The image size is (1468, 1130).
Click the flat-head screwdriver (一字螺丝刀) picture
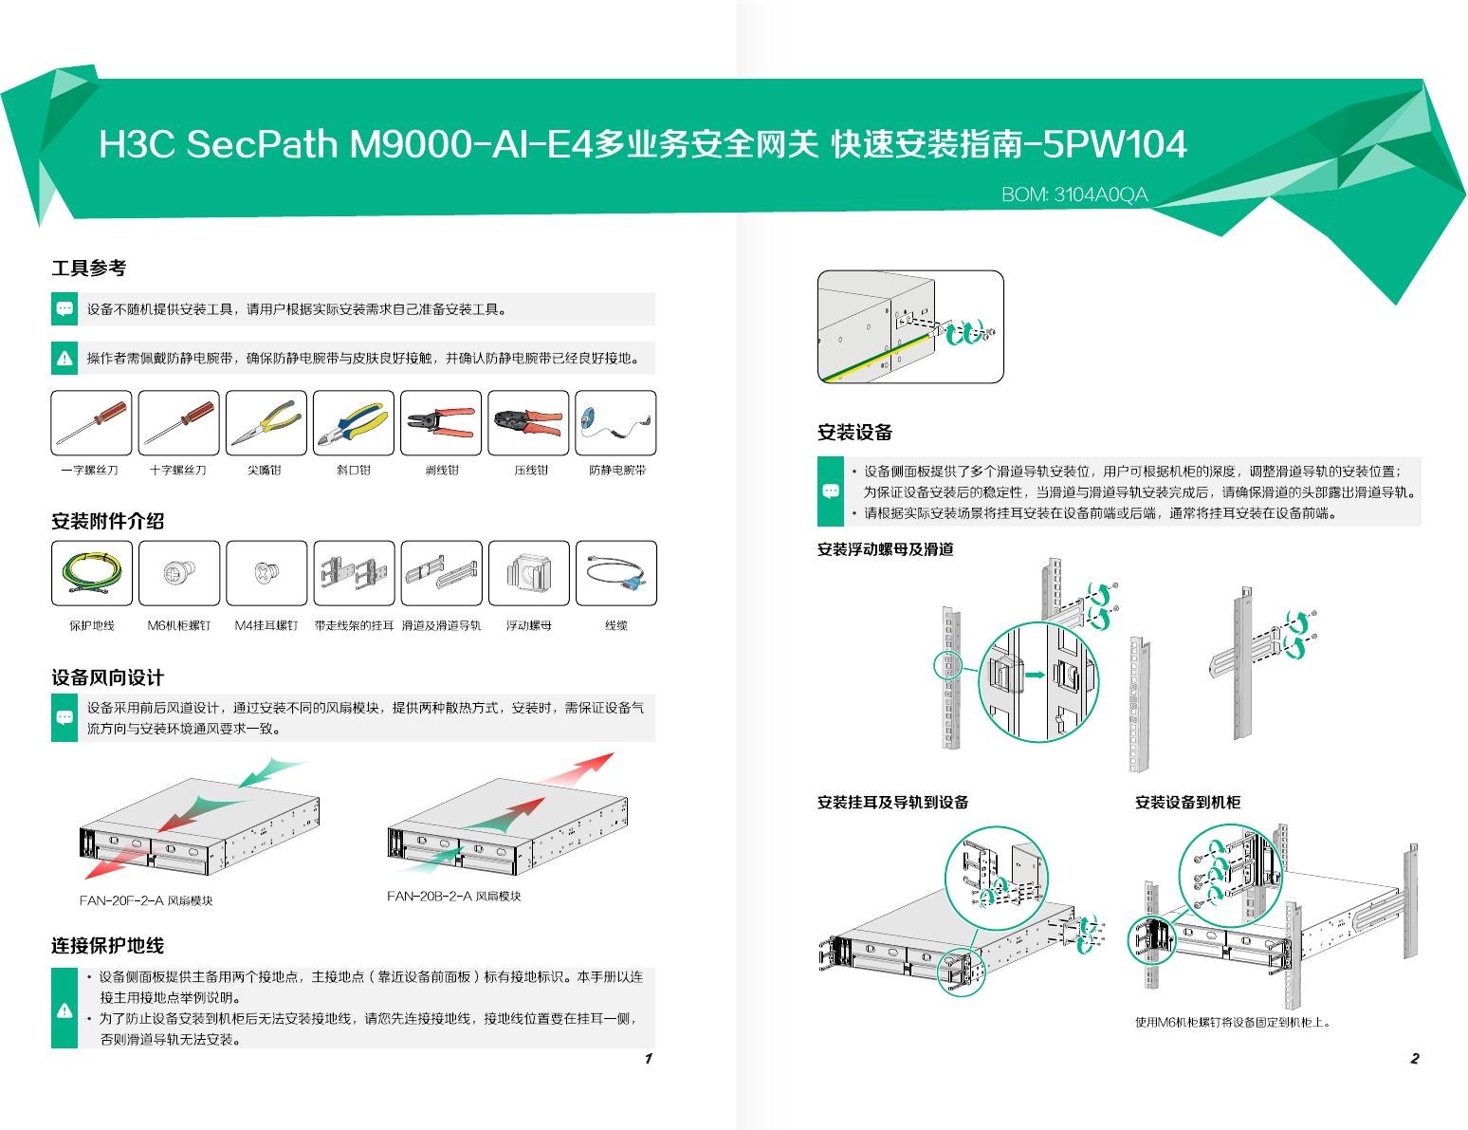(91, 423)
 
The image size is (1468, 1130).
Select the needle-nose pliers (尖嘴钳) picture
(266, 423)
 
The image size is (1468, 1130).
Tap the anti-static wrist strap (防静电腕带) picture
(615, 423)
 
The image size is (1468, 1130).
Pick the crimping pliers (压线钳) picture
(528, 423)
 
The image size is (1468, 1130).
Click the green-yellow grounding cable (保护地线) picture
(91, 573)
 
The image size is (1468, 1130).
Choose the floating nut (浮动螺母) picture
(528, 573)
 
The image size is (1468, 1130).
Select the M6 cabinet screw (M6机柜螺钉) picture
(178, 573)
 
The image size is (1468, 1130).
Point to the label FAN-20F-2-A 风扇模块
(146, 900)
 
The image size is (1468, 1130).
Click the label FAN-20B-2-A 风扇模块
(453, 896)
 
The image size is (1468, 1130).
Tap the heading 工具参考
(88, 269)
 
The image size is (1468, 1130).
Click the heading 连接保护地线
(107, 946)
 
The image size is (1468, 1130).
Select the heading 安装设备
(854, 433)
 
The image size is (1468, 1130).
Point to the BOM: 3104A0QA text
(1074, 195)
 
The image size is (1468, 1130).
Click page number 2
(1414, 1059)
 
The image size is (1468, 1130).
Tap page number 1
(648, 1059)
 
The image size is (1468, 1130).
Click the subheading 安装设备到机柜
(1187, 803)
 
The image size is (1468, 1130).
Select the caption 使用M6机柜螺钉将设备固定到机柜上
(1233, 1022)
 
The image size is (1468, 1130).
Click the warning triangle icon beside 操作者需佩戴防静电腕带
(64, 358)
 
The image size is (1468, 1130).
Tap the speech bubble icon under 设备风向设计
(64, 718)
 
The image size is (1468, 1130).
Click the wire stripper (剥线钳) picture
(441, 423)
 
